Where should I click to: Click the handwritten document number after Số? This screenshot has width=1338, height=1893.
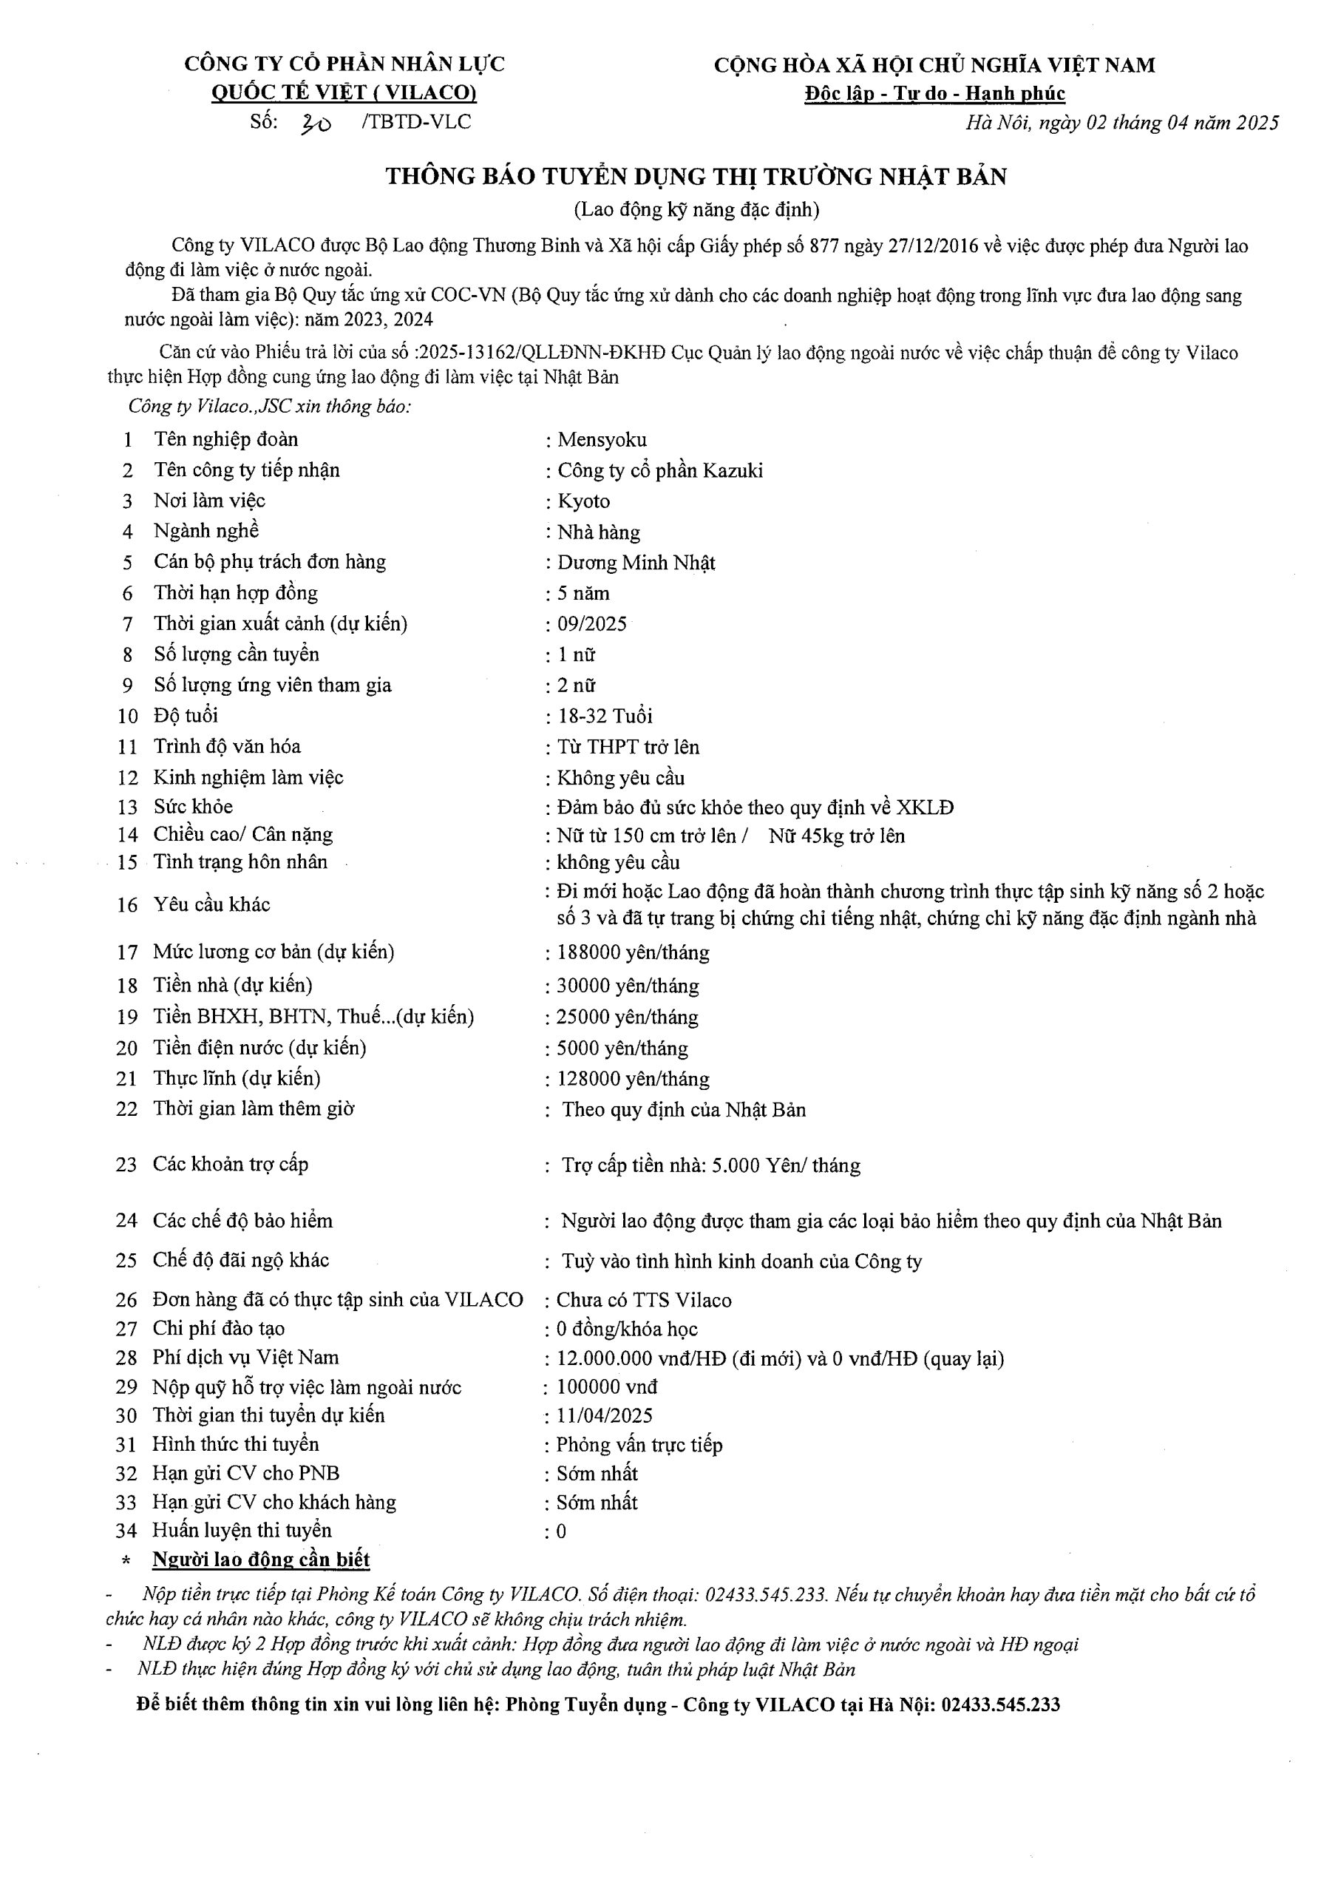[316, 124]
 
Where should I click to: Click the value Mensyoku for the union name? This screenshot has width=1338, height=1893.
[602, 439]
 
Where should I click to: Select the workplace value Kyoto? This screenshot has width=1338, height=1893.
[584, 501]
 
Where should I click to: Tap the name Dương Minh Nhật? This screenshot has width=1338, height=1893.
[636, 563]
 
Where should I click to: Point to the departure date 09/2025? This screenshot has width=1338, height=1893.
[592, 624]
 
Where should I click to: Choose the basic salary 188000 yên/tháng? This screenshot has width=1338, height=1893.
[632, 953]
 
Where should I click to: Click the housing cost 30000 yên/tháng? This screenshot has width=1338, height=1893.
[628, 986]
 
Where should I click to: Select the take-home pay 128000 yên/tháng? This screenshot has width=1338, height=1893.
[632, 1080]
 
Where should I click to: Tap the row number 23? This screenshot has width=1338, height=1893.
[126, 1165]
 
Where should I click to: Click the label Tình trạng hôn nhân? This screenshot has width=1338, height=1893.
[240, 862]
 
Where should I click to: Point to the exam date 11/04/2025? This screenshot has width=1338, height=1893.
[604, 1415]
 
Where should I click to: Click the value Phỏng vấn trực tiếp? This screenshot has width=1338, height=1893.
[639, 1446]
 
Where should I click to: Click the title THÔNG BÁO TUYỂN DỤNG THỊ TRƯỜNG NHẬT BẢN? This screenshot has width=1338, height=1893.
[696, 177]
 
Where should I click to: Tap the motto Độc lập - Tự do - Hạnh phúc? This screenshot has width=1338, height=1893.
[935, 94]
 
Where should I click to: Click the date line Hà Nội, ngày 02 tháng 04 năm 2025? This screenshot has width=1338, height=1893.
[1122, 123]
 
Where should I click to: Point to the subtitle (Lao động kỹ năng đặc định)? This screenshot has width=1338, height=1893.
[696, 210]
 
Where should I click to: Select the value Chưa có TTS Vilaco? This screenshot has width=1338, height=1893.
[644, 1300]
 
